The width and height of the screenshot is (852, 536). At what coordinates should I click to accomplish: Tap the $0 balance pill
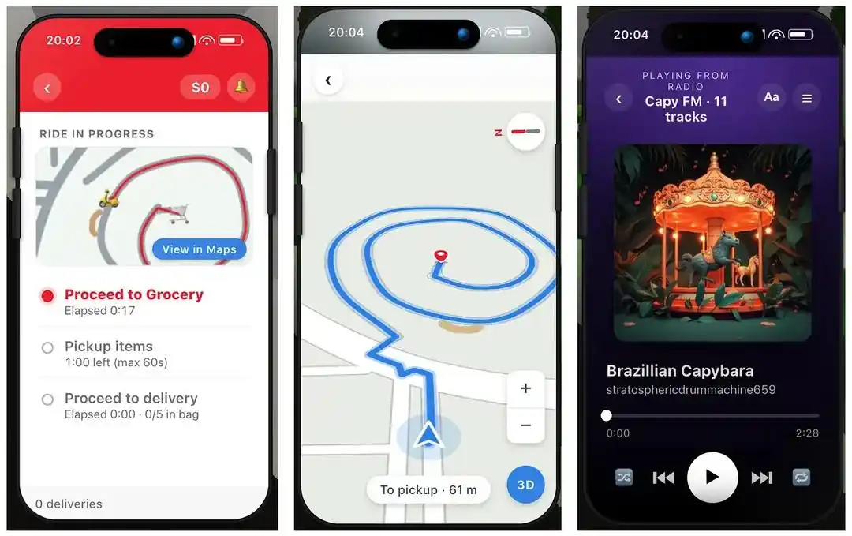click(x=200, y=88)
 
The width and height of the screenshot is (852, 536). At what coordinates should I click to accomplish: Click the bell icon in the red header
click(x=241, y=87)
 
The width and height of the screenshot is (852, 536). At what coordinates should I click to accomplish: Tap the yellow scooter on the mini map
click(x=109, y=200)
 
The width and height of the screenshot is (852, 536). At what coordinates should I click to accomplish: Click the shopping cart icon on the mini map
click(x=178, y=213)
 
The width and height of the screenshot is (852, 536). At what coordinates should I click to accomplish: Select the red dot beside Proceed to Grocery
click(x=48, y=296)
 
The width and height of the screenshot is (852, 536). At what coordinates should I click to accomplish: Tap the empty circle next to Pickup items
click(x=48, y=348)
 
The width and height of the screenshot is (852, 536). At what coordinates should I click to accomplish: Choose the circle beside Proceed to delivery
click(x=48, y=399)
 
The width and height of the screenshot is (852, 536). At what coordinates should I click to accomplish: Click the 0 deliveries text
click(x=69, y=504)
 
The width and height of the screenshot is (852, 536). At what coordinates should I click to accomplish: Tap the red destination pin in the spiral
click(x=441, y=256)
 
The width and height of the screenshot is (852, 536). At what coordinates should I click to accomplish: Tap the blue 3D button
click(x=525, y=485)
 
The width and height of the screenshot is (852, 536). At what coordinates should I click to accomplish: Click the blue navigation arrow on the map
click(x=428, y=435)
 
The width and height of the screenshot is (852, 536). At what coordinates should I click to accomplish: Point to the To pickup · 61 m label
click(x=428, y=489)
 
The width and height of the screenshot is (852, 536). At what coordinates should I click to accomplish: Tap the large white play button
click(x=712, y=478)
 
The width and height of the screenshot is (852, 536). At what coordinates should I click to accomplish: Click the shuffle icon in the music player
click(x=624, y=478)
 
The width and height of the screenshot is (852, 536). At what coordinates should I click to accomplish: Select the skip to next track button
click(x=762, y=478)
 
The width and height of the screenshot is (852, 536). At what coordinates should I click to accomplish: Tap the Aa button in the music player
click(x=772, y=97)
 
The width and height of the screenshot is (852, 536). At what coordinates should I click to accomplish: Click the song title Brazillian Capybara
click(x=680, y=371)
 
